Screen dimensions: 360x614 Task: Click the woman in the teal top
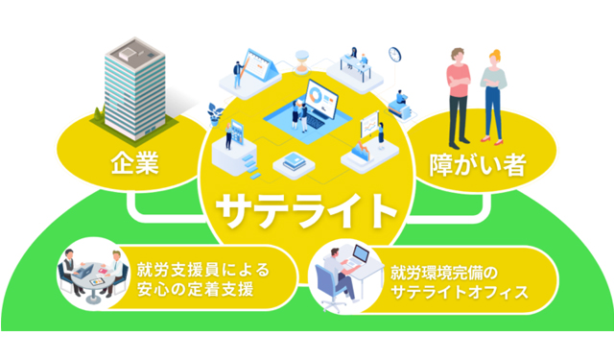pyautogui.click(x=493, y=96)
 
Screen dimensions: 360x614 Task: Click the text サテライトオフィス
pyautogui.click(x=460, y=290)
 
